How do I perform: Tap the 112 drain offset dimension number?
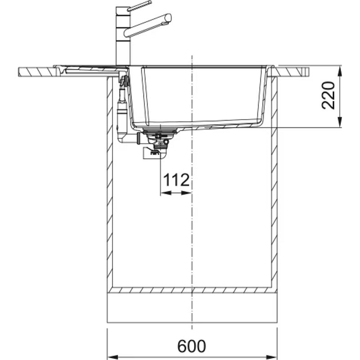pyautogui.click(x=176, y=180)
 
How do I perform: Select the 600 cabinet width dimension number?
pyautogui.click(x=192, y=346)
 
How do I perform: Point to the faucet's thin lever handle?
pyautogui.click(x=139, y=5)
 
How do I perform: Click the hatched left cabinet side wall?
pyautogui.click(x=109, y=180)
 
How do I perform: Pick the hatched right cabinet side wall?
pyautogui.click(x=274, y=180)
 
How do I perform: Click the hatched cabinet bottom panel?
pyautogui.click(x=192, y=290)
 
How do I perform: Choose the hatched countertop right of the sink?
pyautogui.click(x=292, y=71)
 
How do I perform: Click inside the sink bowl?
pyautogui.click(x=202, y=94)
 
